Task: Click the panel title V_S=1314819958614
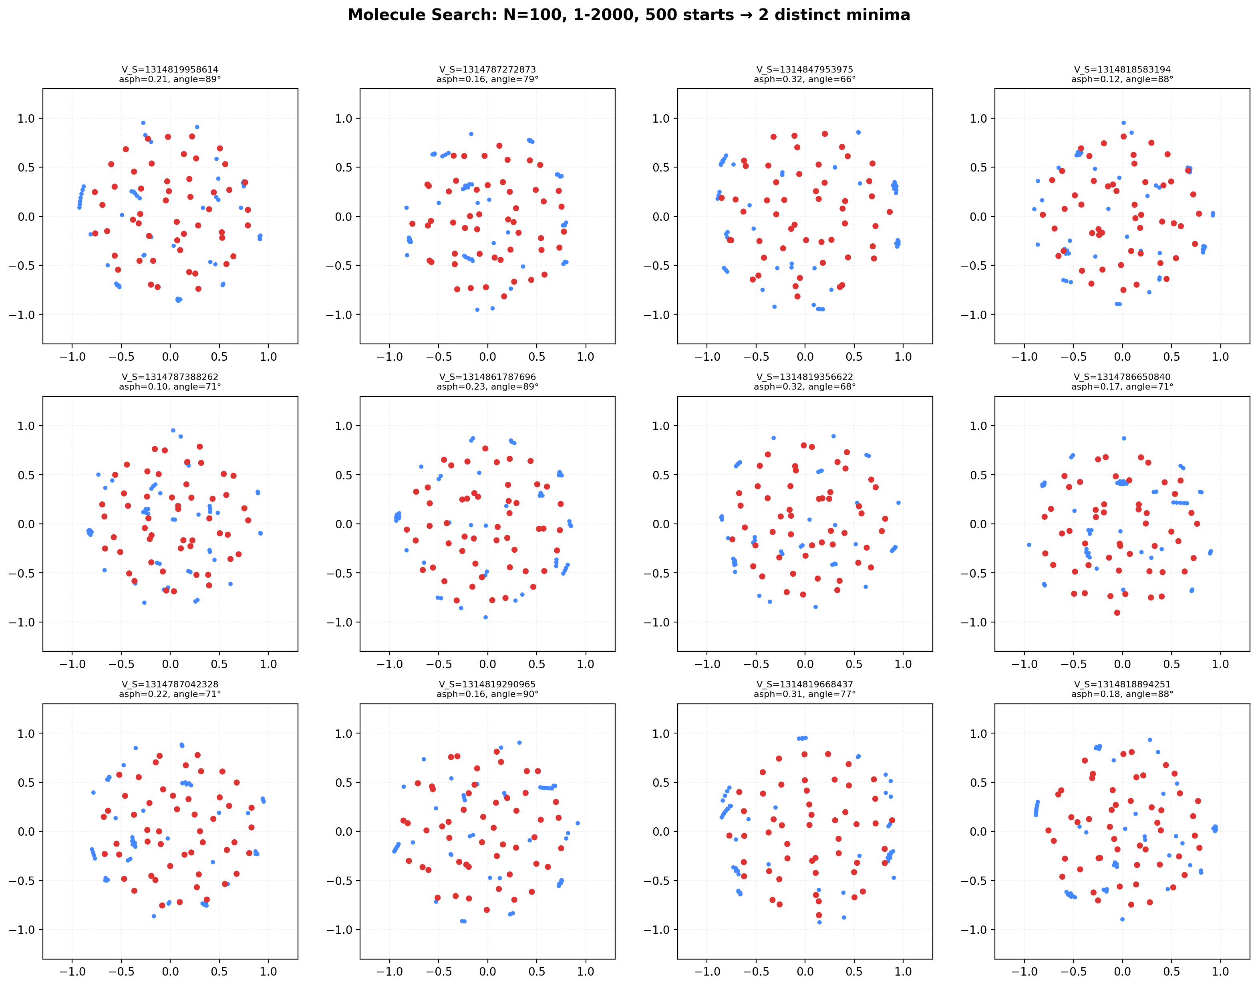[170, 69]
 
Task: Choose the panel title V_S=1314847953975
[805, 69]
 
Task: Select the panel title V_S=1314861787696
[487, 377]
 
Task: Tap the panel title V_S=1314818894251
[1122, 684]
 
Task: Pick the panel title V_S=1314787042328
[170, 684]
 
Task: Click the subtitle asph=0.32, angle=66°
[805, 79]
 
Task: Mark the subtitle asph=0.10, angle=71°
[170, 387]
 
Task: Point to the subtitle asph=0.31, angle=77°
[805, 694]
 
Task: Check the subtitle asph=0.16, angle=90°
[487, 694]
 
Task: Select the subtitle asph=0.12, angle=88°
[1122, 79]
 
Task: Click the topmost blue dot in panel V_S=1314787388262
[173, 430]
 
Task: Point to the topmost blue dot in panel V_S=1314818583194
[1123, 122]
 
